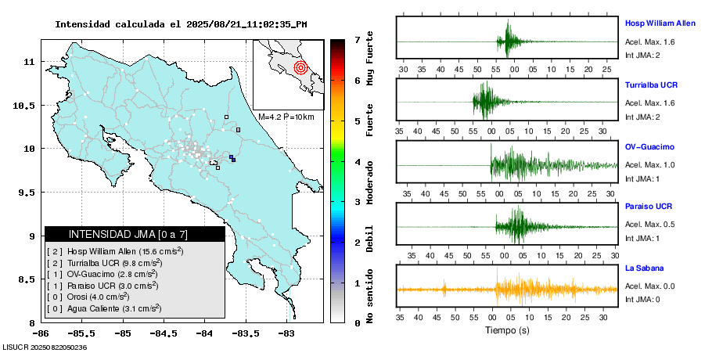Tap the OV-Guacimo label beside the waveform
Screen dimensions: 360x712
coord(649,146)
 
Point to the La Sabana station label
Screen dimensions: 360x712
coord(644,268)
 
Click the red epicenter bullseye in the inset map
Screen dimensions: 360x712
coord(300,68)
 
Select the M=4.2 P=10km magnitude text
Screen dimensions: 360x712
coord(286,117)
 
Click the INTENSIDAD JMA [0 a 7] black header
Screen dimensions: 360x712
coord(135,234)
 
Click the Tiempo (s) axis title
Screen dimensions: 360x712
coord(507,331)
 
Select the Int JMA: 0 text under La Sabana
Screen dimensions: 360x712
coord(642,299)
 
